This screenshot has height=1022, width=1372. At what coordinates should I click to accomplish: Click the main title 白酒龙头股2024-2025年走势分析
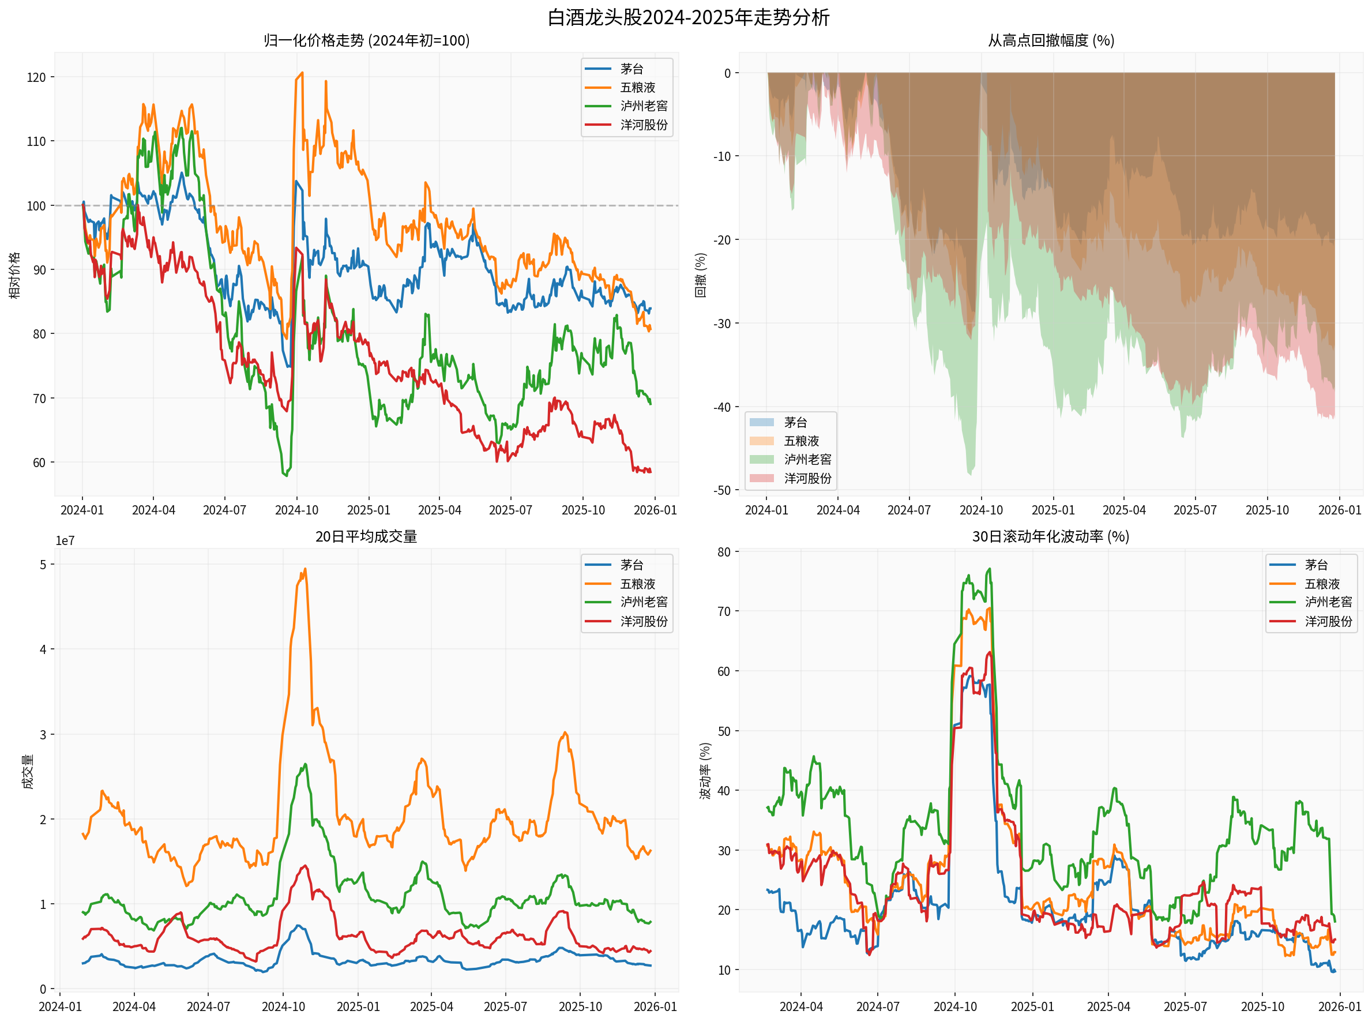pos(687,17)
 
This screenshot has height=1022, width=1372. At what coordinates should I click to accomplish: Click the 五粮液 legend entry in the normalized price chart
pos(637,88)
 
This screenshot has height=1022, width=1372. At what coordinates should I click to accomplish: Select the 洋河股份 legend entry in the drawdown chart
pos(807,478)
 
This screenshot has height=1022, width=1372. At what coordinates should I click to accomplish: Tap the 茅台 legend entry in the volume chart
pos(631,565)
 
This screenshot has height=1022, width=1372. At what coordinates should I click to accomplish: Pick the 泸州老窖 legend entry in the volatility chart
pos(1328,602)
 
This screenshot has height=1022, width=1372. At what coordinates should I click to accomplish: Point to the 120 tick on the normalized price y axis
pos(36,77)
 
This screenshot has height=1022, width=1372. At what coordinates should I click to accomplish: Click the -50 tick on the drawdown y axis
pos(721,491)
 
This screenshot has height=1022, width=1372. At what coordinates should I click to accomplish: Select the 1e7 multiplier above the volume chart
pos(65,540)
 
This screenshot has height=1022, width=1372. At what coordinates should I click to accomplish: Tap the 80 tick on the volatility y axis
pos(723,552)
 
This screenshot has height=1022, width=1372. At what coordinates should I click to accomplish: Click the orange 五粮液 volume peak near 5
pos(305,570)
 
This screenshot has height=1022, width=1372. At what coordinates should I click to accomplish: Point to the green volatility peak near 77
pos(990,569)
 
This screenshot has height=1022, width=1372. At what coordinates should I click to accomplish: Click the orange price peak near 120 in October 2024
pos(302,73)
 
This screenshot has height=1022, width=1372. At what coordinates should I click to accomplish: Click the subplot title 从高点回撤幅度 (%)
pos(1050,41)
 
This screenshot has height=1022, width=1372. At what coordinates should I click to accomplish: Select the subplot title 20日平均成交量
pos(366,536)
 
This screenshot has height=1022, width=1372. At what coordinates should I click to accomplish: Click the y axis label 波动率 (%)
pos(705,771)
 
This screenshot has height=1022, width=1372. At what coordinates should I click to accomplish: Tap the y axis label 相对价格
pos(15,275)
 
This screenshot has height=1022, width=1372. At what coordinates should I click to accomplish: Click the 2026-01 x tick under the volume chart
pos(655,1006)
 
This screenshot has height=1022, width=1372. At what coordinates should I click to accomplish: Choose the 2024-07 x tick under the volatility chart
pos(877,1006)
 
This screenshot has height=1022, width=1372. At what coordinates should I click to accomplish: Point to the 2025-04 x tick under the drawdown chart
pos(1123,510)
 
